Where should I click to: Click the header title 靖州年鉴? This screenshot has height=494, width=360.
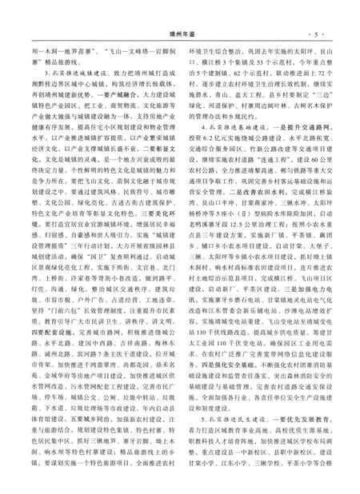tap(180, 12)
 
